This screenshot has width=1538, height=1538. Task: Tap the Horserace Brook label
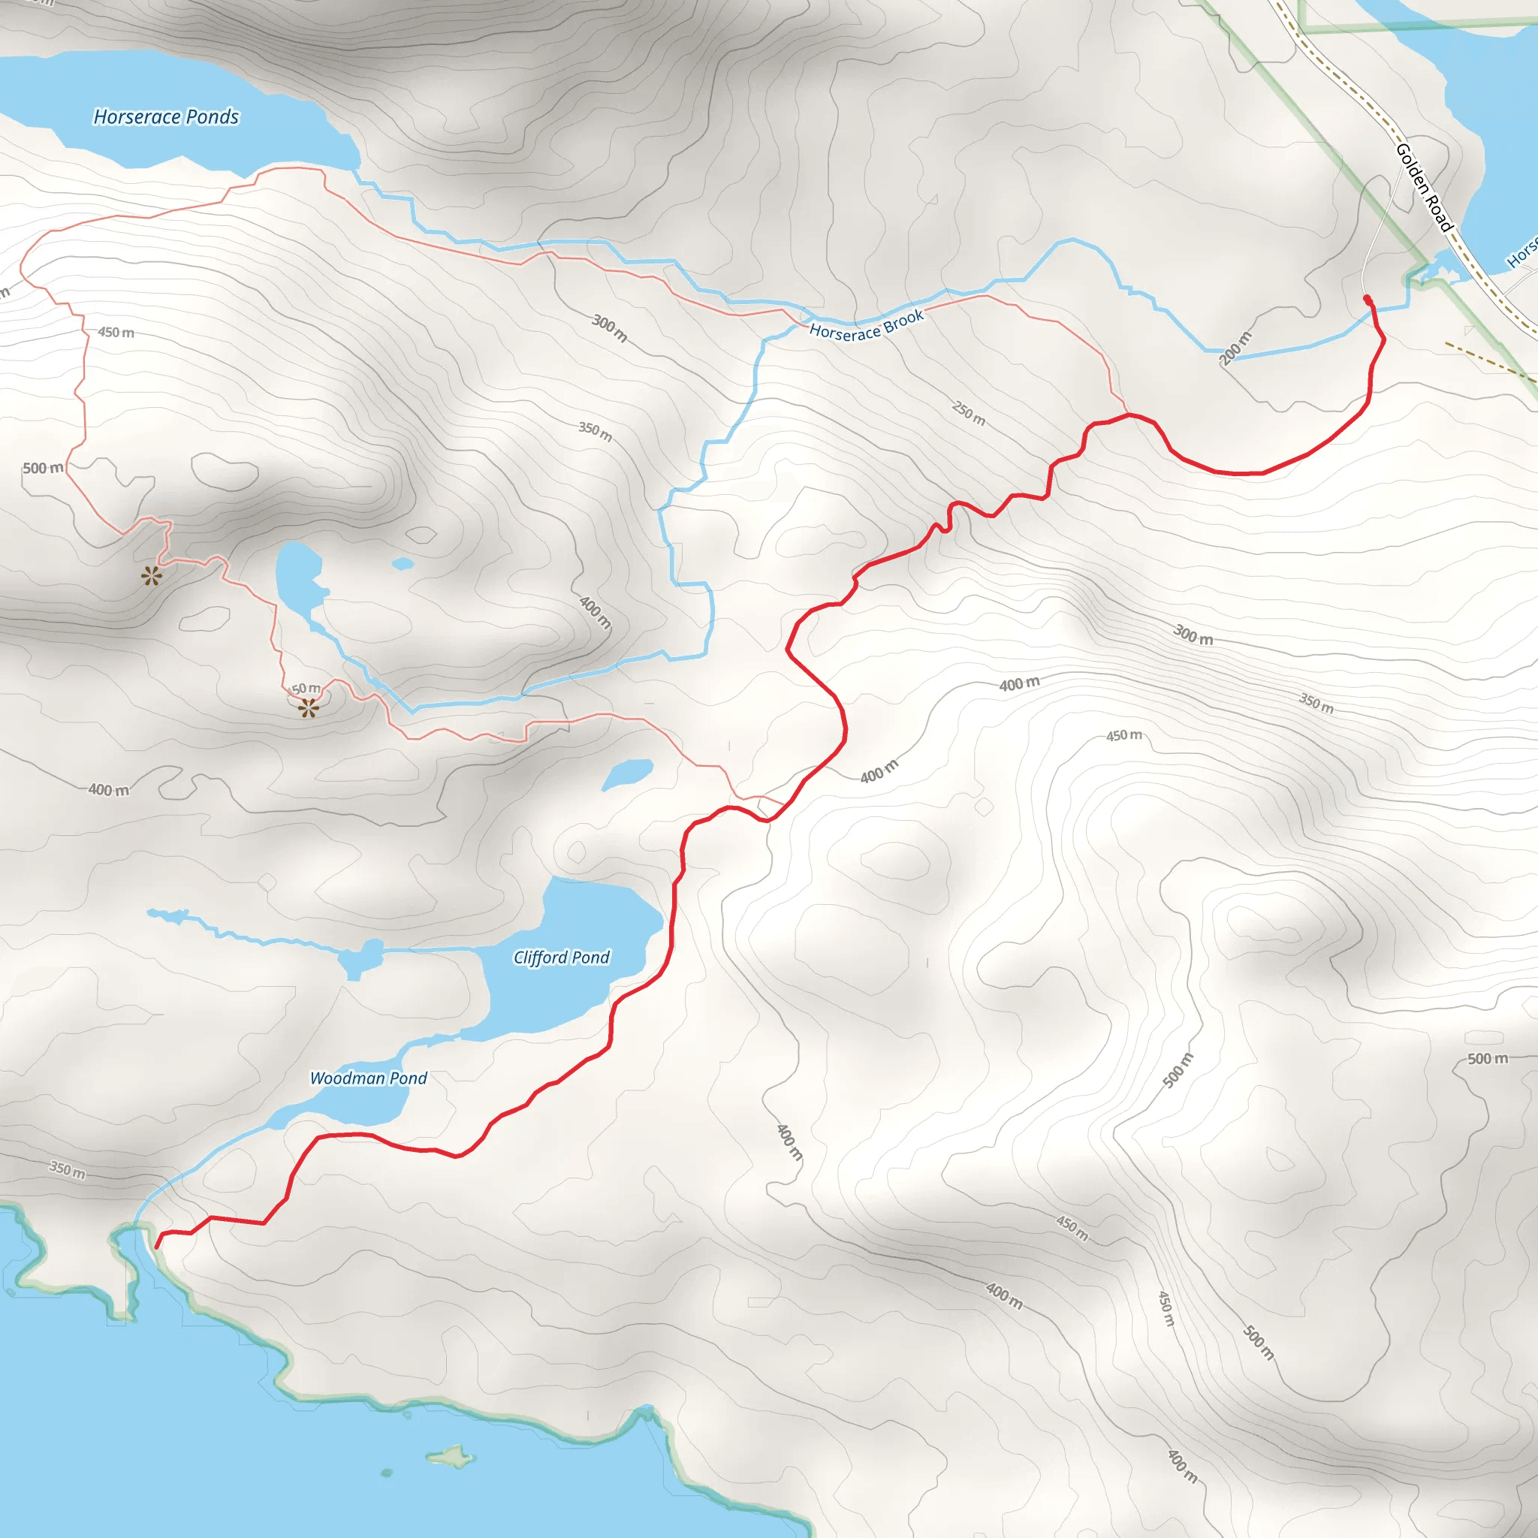coord(866,324)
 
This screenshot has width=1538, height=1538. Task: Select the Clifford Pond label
coord(561,957)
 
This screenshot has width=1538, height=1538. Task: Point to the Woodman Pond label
coord(368,1078)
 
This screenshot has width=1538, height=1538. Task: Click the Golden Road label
coord(1424,188)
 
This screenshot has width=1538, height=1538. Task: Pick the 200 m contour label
coord(1235,348)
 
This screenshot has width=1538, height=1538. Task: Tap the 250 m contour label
coord(969,413)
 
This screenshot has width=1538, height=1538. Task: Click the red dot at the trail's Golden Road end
coord(1368,300)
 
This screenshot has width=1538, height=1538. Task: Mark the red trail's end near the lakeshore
coord(157,1246)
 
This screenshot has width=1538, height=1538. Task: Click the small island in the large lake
coord(451,1457)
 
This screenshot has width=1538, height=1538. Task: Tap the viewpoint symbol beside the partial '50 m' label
coord(309,707)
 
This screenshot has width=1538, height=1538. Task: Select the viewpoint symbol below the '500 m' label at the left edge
coord(151,575)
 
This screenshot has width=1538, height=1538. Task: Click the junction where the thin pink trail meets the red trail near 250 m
coord(1128,415)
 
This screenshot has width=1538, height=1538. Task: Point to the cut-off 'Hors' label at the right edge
coord(1522,253)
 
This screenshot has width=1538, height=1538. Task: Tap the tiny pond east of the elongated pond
coord(403,564)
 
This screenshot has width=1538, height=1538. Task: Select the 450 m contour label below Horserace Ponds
coord(116,332)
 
